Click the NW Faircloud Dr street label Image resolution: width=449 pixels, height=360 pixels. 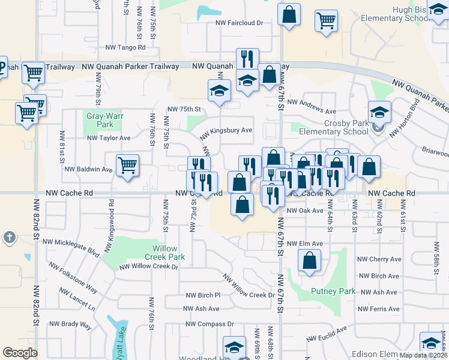pyautogui.click(x=240, y=23)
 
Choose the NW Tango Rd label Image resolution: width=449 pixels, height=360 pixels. pyautogui.click(x=125, y=47)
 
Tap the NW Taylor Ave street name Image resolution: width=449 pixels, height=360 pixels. pyautogui.click(x=109, y=138)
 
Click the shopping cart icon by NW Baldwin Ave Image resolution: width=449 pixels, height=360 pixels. pyautogui.click(x=127, y=165)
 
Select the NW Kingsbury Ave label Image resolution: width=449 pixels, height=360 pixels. pyautogui.click(x=226, y=130)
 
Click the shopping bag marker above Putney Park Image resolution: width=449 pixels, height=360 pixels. pyautogui.click(x=309, y=261)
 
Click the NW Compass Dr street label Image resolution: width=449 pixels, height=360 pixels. pyautogui.click(x=209, y=324)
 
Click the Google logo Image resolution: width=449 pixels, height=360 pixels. pyautogui.click(x=20, y=353)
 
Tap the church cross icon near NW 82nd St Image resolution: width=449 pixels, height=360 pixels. pyautogui.click(x=9, y=238)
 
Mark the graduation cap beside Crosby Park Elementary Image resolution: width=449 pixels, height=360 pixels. pyautogui.click(x=379, y=112)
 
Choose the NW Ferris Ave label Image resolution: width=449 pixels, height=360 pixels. pyautogui.click(x=378, y=309)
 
